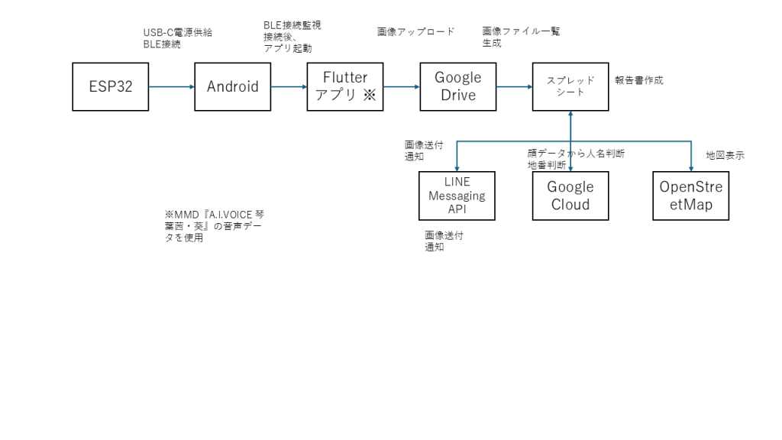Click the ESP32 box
[110, 86]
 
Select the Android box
[232, 86]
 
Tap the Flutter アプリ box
[344, 86]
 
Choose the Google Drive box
[457, 86]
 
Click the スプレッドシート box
[570, 86]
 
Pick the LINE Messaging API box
[457, 196]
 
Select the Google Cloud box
[570, 196]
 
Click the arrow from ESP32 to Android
[171, 86]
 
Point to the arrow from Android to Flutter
[289, 86]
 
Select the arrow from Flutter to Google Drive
[401, 86]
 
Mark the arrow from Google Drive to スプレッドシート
[514, 86]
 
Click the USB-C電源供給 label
[177, 32]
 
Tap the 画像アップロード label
[415, 32]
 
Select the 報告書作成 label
[638, 79]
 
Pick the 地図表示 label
[725, 155]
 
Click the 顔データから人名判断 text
[577, 153]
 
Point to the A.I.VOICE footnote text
[209, 225]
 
